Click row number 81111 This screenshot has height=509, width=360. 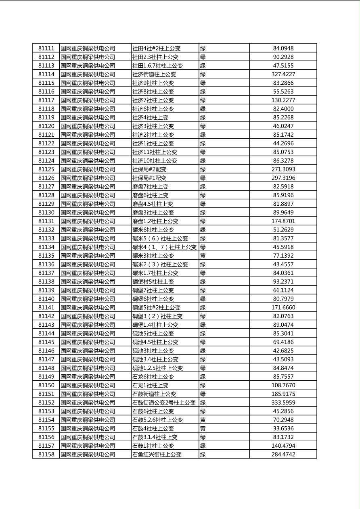coord(46,48)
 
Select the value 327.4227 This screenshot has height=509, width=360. coord(283,74)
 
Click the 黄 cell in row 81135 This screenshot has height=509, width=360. coord(203,256)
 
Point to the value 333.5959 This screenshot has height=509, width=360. coord(283,403)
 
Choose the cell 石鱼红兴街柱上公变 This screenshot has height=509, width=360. coord(157,455)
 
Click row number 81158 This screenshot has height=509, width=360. coord(46,455)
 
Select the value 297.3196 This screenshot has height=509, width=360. coord(283,178)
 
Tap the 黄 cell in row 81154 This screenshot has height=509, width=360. coord(203,420)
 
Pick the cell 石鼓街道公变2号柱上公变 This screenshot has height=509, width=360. coord(164,403)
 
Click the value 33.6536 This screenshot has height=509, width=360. coord(283,428)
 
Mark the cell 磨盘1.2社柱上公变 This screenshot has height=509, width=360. coord(155,221)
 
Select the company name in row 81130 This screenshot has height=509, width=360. coord(88,213)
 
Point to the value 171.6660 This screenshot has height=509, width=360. coord(283,307)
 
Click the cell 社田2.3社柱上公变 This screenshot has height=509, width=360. coord(155,57)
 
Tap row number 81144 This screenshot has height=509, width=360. coord(46,334)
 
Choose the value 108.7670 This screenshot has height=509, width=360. coord(283,385)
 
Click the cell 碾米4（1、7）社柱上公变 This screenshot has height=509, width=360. coord(164,247)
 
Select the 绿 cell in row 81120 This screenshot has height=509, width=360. coord(203,126)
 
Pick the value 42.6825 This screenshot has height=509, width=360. coord(283,351)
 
